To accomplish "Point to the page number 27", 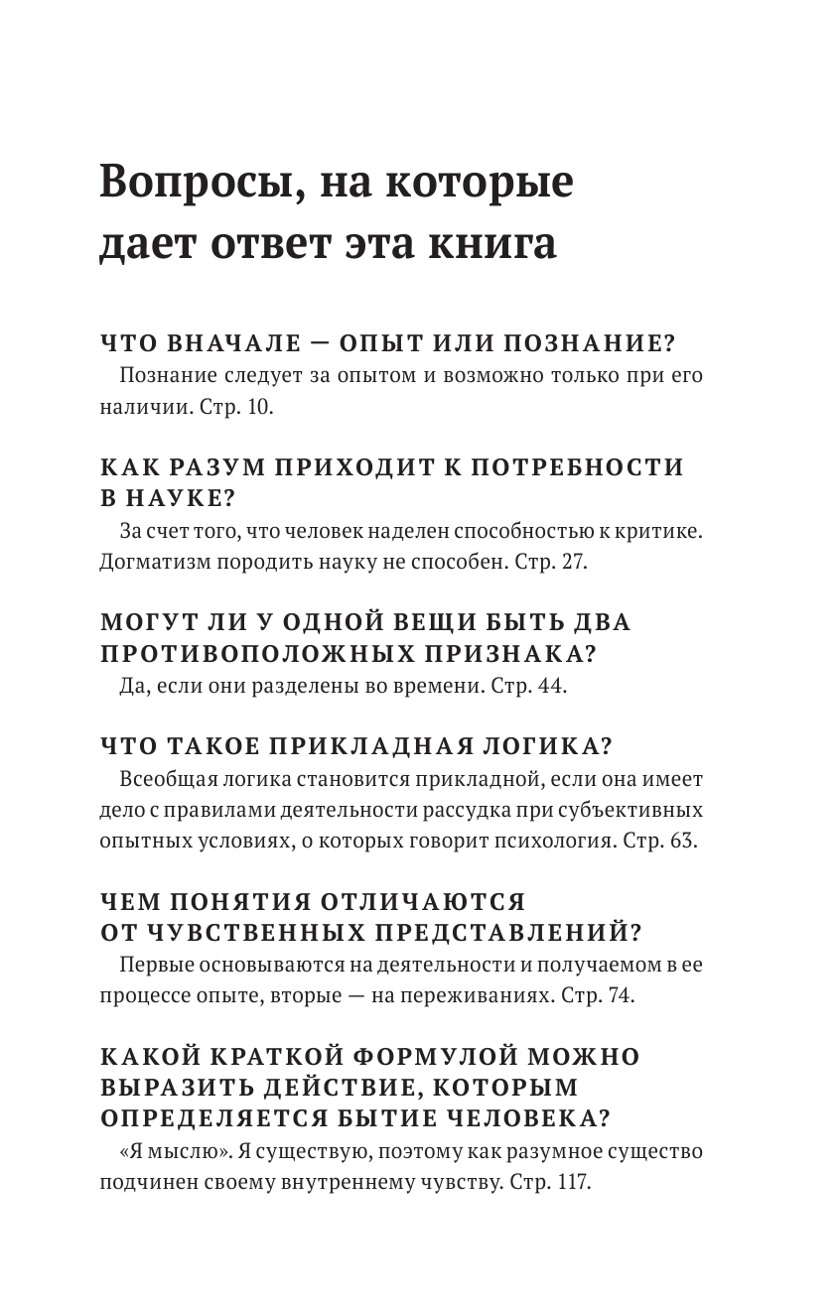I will point(573,561).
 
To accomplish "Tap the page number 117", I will point(573,1183).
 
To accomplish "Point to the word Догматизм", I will point(152,561).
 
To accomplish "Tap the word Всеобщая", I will point(161,778).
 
